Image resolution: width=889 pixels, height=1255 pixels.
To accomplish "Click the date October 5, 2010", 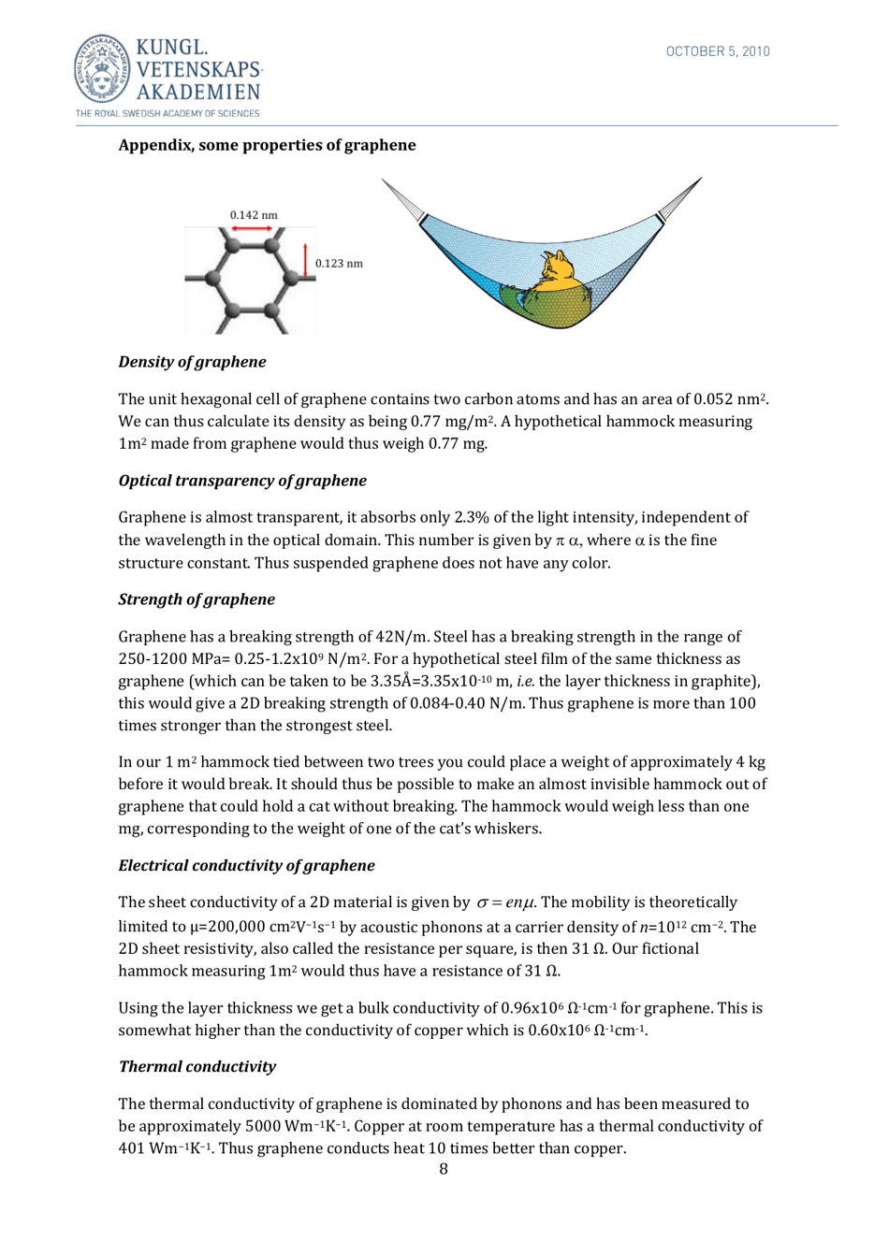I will (x=717, y=51).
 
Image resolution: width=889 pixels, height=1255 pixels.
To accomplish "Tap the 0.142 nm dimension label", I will (x=254, y=215).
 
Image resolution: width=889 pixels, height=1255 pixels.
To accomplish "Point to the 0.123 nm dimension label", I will (x=339, y=264).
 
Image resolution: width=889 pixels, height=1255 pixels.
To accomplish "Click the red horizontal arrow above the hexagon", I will (x=252, y=229).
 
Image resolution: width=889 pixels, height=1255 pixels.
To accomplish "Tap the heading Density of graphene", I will (x=192, y=362).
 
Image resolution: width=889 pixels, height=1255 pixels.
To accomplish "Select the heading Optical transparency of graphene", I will (x=242, y=481).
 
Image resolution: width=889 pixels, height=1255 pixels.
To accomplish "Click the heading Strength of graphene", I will (x=197, y=599).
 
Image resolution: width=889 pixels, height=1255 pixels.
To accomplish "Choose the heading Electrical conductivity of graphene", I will (x=246, y=866).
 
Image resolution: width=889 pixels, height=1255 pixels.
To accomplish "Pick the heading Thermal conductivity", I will (x=197, y=1067).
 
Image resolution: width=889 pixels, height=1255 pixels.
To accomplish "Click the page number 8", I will (x=444, y=1169).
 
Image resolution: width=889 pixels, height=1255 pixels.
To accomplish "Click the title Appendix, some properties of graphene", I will (x=267, y=145).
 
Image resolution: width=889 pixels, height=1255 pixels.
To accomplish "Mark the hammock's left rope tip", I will (x=385, y=183).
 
